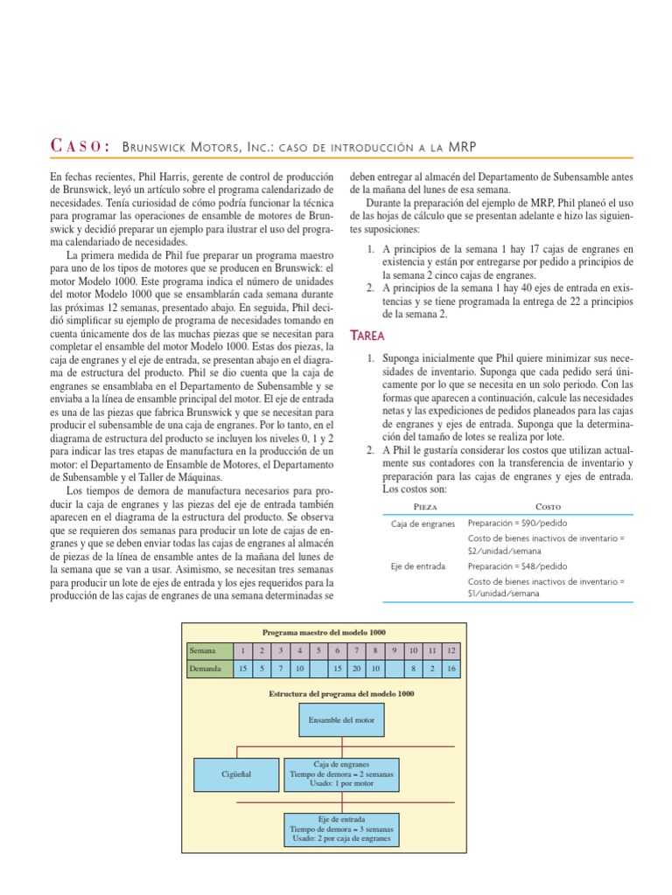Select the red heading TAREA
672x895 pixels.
(367, 336)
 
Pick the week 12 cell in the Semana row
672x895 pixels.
(450, 651)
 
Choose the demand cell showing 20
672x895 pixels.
(355, 670)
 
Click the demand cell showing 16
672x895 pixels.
(450, 670)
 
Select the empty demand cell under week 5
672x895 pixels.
(318, 670)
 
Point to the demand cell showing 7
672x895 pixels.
(280, 670)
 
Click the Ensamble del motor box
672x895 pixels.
(341, 720)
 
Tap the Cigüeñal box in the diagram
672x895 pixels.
(235, 774)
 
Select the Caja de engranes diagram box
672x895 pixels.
(341, 774)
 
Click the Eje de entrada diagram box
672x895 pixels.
(341, 829)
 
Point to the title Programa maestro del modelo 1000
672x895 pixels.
(324, 632)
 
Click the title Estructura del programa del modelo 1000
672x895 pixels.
(341, 693)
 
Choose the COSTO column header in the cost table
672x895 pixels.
(548, 506)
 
